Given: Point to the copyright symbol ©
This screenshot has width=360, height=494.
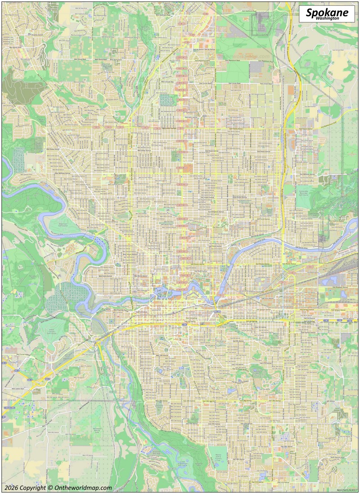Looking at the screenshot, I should point(50,488).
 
